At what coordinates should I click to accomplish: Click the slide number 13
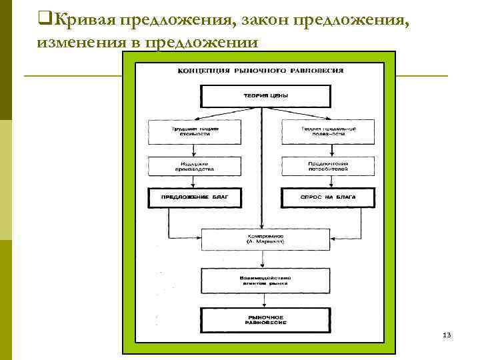tap(447, 334)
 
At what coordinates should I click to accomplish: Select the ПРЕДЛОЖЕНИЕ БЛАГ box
tap(194, 198)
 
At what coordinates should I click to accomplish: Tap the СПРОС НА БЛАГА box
tap(328, 198)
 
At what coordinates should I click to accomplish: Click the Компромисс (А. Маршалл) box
tap(265, 239)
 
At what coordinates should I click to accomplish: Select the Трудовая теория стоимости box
tap(194, 131)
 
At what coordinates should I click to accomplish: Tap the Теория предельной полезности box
tap(328, 131)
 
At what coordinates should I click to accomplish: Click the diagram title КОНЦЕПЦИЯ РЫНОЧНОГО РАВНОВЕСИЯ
tap(260, 71)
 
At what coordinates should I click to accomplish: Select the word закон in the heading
tap(265, 21)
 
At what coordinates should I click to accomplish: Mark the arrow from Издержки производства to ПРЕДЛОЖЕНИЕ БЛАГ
tap(194, 182)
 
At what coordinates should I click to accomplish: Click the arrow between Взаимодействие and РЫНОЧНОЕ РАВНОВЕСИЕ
tap(265, 298)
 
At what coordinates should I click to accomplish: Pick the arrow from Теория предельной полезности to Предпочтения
tap(328, 150)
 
